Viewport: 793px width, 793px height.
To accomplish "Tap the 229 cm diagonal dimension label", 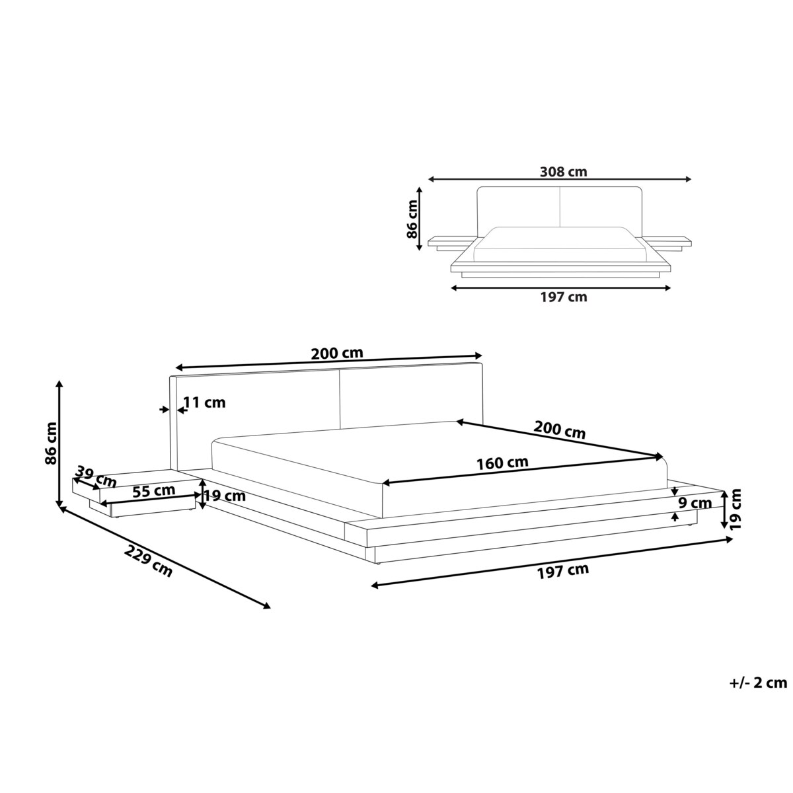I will [149, 562].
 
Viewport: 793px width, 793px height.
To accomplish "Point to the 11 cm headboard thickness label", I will [205, 402].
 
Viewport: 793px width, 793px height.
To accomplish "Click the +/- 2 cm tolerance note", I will [759, 683].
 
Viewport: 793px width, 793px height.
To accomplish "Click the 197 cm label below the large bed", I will [562, 570].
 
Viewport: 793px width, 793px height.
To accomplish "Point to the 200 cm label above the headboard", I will [337, 354].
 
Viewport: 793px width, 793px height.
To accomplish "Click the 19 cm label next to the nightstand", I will [225, 496].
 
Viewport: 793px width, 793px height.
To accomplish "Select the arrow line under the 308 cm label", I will [560, 179].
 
